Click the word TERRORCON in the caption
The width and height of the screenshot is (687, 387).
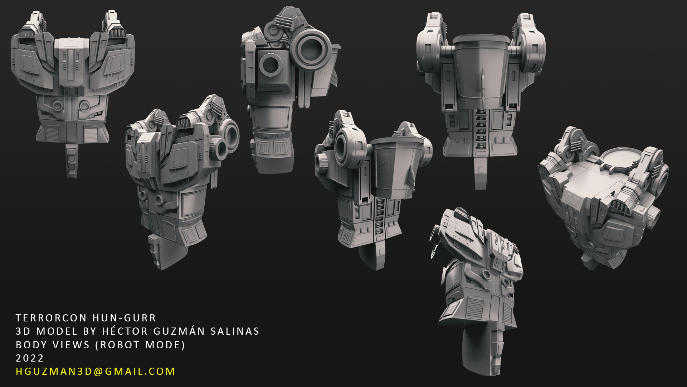pos(51,318)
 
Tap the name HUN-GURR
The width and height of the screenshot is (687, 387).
pos(124,318)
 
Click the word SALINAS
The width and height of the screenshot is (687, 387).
pos(235,331)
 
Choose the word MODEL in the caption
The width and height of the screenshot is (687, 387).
pos(57,331)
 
